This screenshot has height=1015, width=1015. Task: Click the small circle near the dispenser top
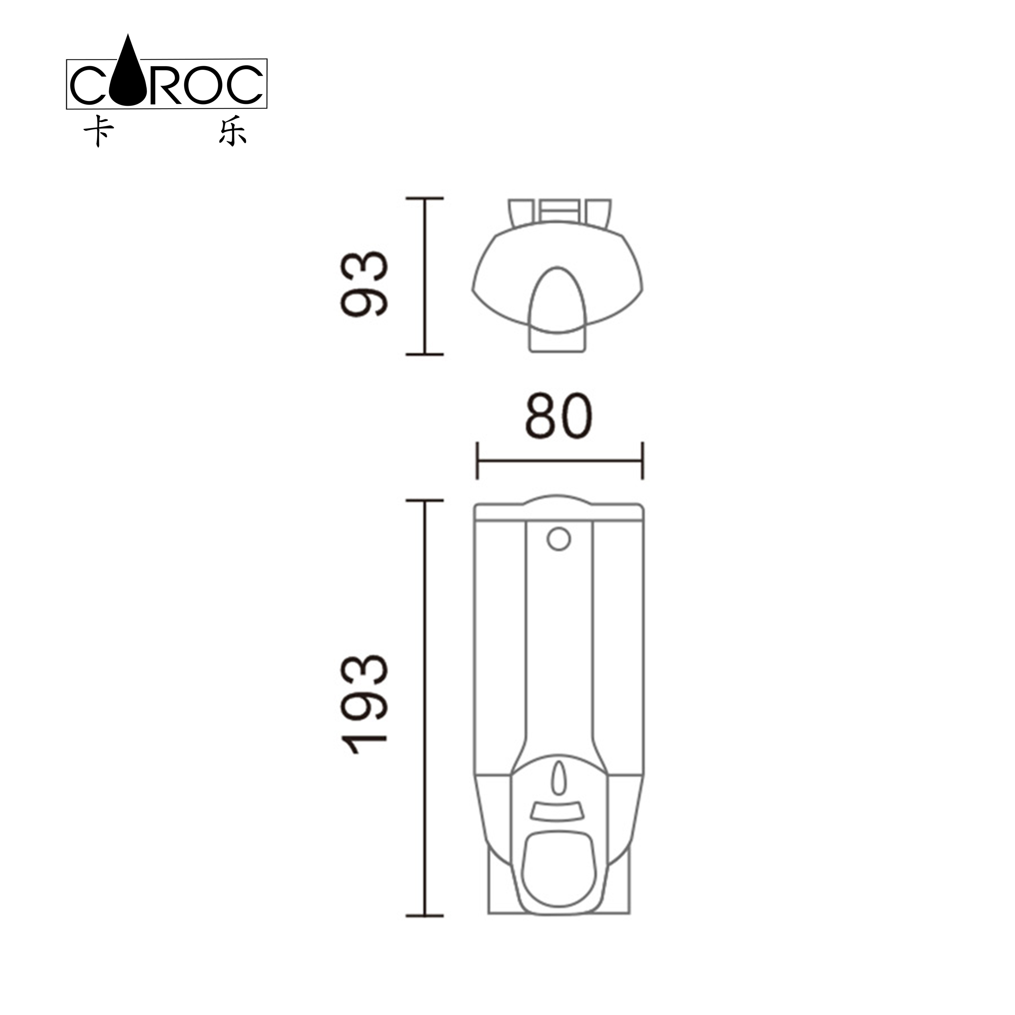pyautogui.click(x=558, y=539)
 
